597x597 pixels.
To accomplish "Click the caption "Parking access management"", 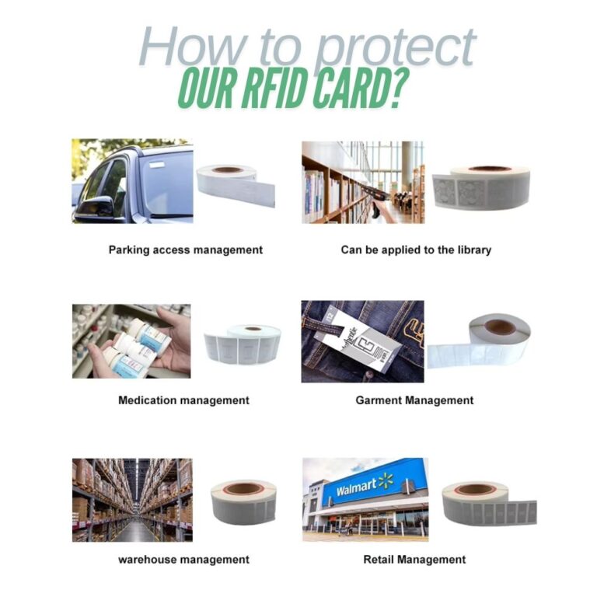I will point(186,250).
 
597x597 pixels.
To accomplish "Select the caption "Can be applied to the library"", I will point(416,250).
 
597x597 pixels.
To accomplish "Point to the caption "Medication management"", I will point(183,400).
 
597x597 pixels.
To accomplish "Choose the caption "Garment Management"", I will point(414,400).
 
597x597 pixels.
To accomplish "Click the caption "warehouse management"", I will point(183,559).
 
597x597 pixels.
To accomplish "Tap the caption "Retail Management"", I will point(414,559).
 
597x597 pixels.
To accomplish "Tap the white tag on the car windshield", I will point(162,164).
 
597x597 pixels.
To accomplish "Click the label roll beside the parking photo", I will point(236,184).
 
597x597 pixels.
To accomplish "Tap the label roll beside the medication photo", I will point(242,343).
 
